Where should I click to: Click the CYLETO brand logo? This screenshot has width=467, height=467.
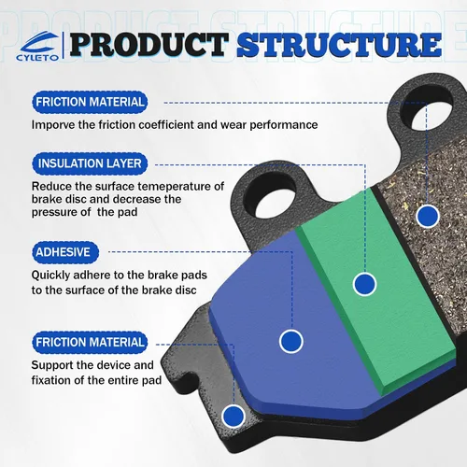coord(37,46)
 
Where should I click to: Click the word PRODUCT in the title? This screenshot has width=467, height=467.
coord(149,45)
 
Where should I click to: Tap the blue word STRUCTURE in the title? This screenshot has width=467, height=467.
coord(339,45)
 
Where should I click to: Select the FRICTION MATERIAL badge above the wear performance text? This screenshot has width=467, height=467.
coord(90,102)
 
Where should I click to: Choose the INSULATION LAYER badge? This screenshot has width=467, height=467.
coord(90,163)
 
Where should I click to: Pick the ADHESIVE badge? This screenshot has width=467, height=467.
coord(65,252)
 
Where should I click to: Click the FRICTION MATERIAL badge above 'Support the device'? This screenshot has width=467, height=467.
coord(90,343)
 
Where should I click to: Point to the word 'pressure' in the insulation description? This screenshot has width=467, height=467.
coord(53,213)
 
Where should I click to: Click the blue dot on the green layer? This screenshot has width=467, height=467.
coord(364,284)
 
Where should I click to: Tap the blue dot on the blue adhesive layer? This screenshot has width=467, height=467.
coord(291,341)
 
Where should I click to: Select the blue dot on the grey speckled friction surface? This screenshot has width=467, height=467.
coord(428,216)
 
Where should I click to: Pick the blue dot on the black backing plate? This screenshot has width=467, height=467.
coord(233,417)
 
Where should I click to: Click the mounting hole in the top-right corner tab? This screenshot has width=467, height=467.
coord(427,109)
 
